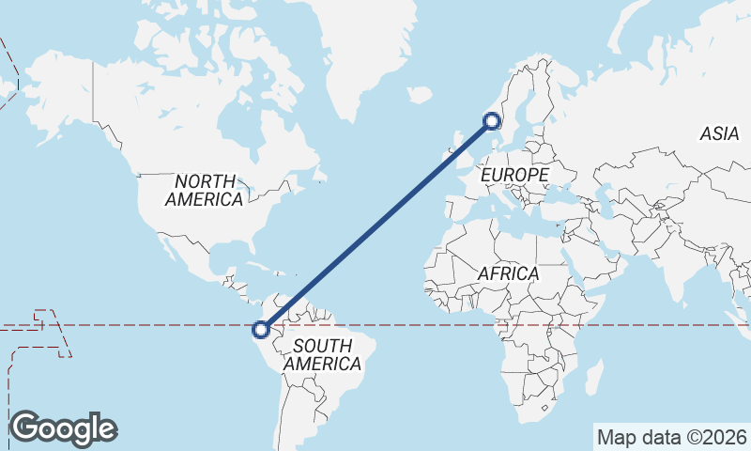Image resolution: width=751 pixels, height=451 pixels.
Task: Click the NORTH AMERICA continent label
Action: click(x=204, y=190)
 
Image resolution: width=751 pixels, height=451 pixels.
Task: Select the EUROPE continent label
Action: click(x=513, y=176)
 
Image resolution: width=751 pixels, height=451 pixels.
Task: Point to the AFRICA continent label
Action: click(x=508, y=273)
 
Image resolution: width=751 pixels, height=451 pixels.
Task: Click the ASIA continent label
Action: click(x=719, y=134)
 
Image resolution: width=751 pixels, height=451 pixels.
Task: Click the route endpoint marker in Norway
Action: click(x=492, y=120)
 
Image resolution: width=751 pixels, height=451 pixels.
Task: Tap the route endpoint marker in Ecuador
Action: click(x=261, y=329)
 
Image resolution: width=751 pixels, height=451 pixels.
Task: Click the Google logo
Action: click(x=63, y=428)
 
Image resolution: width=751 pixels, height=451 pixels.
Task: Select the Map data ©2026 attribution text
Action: click(x=672, y=437)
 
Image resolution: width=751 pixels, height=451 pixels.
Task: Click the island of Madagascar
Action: click(x=593, y=378)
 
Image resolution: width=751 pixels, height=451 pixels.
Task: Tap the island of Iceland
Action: click(x=420, y=94)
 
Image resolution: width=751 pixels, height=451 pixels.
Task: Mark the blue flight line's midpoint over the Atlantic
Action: click(x=376, y=225)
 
